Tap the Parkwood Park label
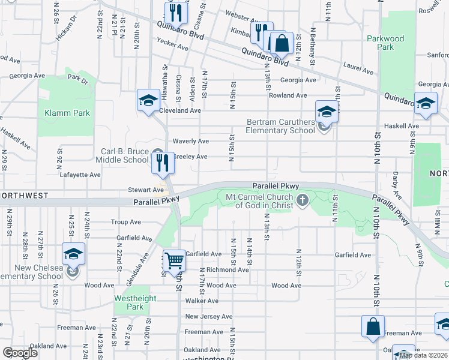pos(385,43)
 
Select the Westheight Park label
pos(135,302)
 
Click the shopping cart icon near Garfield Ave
pos(174,260)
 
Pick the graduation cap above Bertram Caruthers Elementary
pos(327,111)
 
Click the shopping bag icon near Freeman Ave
pos(372,326)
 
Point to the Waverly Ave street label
pos(190,141)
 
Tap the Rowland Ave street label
pos(288,95)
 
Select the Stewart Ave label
pos(141,190)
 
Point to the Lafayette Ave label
pos(80,175)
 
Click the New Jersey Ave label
pos(208,316)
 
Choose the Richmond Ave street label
pos(227,270)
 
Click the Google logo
pos(20,353)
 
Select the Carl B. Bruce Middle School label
pos(122,156)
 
